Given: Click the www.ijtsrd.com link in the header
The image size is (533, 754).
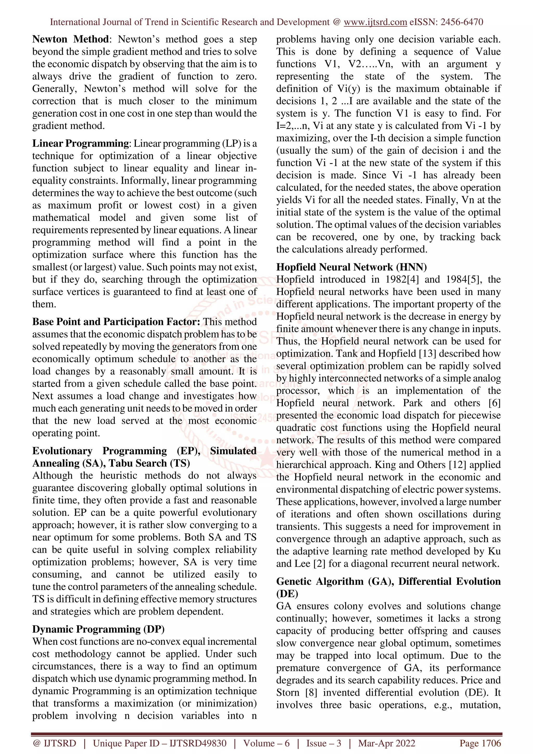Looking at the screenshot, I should coord(375,22).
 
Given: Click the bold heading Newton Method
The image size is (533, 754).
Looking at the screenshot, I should coord(70,39).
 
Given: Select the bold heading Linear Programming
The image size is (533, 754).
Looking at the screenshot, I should coord(80,144).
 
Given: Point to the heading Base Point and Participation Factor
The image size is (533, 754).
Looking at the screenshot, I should coord(116,322).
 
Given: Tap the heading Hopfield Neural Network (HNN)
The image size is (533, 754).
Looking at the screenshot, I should coord(351,267).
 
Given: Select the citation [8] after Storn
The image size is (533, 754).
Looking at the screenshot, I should coord(311,693).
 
